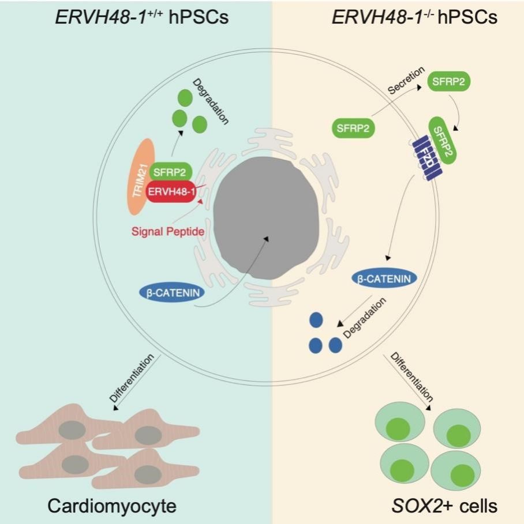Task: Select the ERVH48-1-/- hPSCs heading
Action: tap(414, 18)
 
